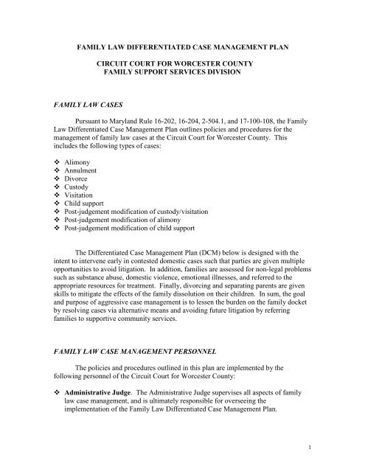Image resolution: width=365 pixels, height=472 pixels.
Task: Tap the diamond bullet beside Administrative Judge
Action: (x=60, y=393)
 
